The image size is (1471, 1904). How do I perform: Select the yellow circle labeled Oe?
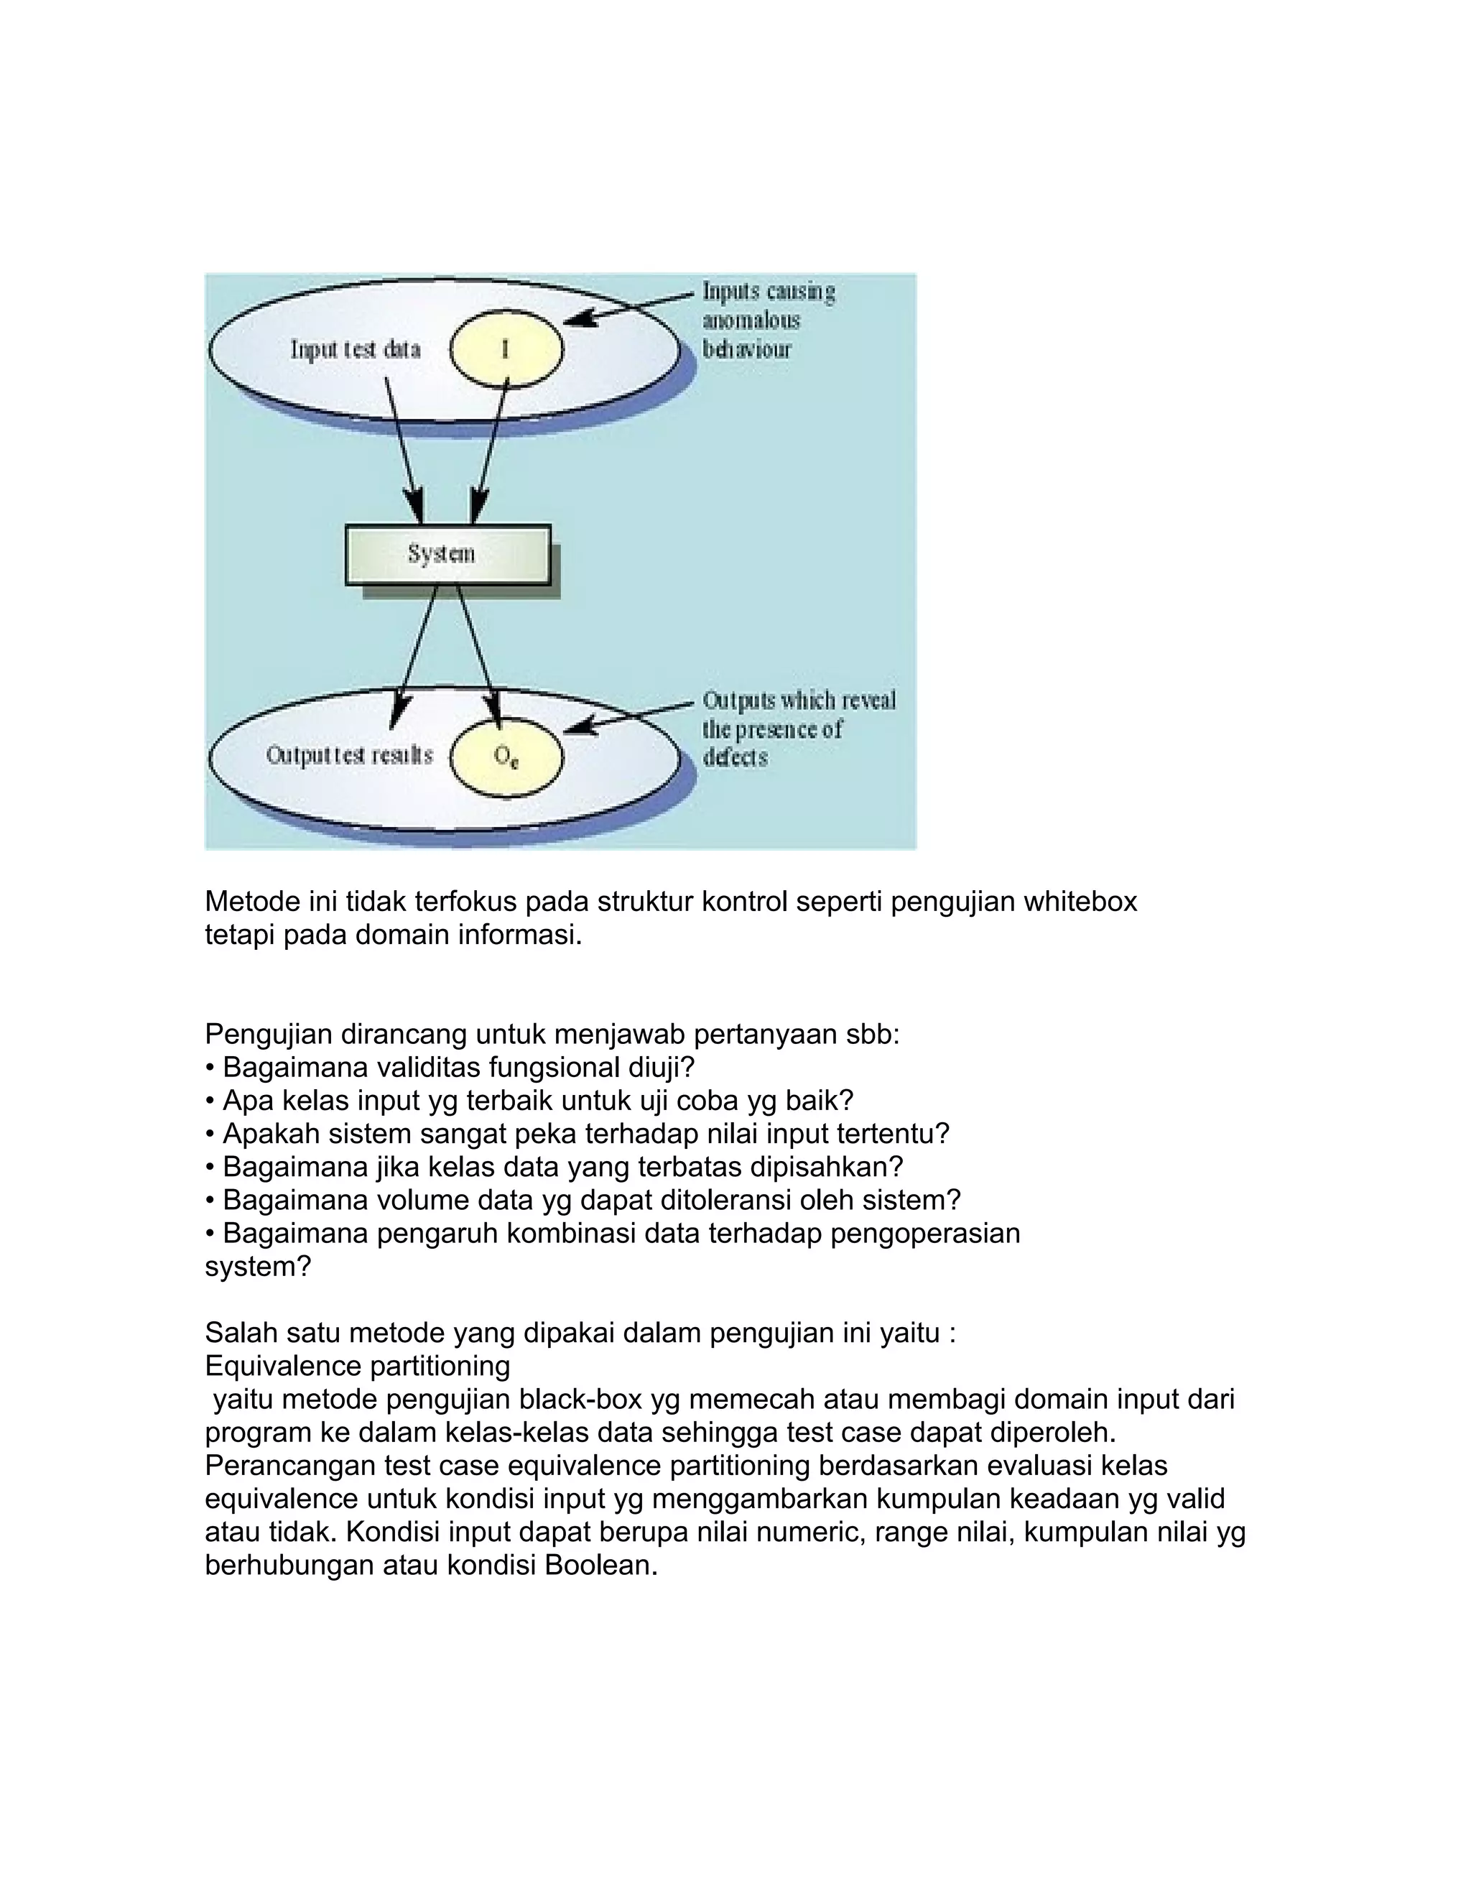pyautogui.click(x=506, y=756)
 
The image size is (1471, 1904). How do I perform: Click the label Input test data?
pyautogui.click(x=356, y=351)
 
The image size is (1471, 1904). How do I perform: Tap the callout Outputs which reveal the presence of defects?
pyautogui.click(x=797, y=729)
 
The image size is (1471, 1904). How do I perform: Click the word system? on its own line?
pyautogui.click(x=257, y=1267)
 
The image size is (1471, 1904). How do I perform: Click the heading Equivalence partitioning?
pyautogui.click(x=357, y=1366)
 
